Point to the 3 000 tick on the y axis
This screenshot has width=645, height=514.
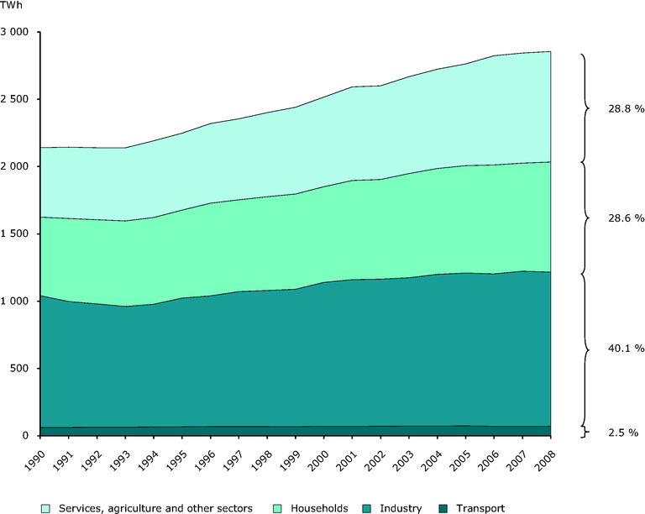[x=16, y=32]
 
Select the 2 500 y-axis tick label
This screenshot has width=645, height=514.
[x=16, y=99]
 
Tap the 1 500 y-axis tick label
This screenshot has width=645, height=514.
[x=16, y=233]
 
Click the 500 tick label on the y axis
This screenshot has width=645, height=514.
[x=20, y=368]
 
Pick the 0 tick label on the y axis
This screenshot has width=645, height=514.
[x=27, y=435]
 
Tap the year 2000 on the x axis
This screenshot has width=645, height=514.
[x=315, y=460]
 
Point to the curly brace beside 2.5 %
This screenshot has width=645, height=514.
[x=583, y=432]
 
